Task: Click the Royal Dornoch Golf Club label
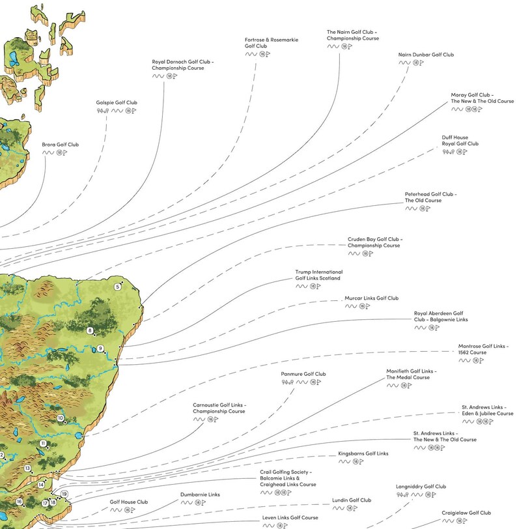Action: point(183,65)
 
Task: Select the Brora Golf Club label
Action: point(60,145)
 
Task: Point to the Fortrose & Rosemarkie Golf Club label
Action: point(272,43)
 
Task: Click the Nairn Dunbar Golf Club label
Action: point(426,55)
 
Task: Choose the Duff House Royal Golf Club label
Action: point(460,141)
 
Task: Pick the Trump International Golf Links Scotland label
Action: point(318,275)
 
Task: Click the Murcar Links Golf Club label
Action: point(371,298)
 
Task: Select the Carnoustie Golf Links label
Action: point(219,408)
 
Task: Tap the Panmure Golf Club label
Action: point(303,374)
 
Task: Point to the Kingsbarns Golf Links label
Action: point(363,453)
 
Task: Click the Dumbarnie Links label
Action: point(200,494)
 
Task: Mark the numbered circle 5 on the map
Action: point(118,287)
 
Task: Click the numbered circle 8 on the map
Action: point(91,331)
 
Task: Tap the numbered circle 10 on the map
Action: point(61,418)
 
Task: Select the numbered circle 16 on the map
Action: point(20,502)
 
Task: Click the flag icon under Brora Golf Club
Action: point(65,152)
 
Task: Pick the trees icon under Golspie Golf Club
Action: point(101,111)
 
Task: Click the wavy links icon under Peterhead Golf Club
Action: point(411,208)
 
